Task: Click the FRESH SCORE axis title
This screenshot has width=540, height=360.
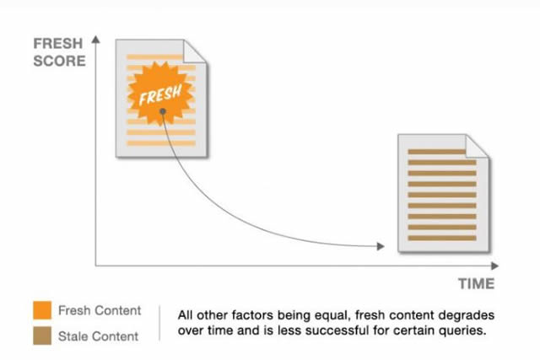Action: (59, 52)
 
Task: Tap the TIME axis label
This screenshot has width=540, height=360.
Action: (476, 283)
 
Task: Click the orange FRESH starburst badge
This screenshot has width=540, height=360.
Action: (159, 94)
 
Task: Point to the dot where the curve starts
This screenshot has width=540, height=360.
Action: (163, 111)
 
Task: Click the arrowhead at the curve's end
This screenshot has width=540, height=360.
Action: (381, 246)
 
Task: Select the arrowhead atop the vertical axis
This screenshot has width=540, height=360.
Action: (95, 40)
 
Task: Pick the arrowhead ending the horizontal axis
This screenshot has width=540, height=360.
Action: (495, 266)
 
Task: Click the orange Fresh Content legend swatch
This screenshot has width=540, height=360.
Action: (42, 310)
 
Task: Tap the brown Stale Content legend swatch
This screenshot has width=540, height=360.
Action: (42, 336)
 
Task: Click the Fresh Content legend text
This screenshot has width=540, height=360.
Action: (100, 310)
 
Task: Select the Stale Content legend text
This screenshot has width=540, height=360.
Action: (98, 336)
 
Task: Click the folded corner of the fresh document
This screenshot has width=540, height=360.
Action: (195, 51)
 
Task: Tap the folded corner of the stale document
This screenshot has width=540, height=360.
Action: (477, 146)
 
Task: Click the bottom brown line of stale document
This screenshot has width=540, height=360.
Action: (442, 238)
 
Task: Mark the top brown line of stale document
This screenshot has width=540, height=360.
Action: (437, 152)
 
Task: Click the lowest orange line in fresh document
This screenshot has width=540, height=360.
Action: (161, 143)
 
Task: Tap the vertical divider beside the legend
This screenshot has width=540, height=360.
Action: (159, 323)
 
